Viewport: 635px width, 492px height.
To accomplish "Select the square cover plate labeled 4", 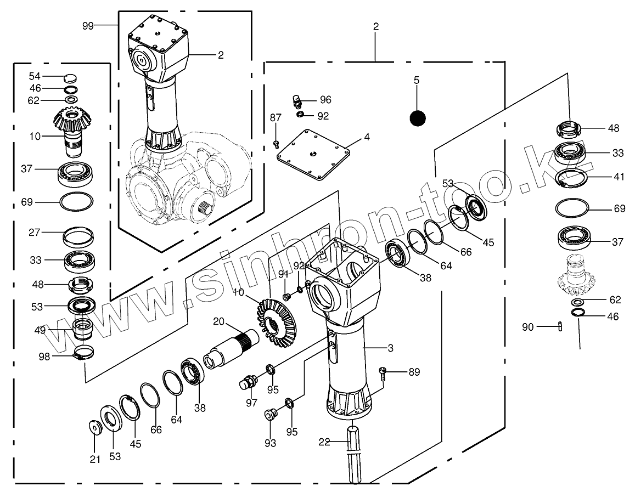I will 313,154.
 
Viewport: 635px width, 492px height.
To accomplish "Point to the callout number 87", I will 275,117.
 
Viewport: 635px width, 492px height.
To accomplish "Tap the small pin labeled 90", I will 560,326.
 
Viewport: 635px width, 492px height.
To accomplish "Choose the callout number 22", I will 324,442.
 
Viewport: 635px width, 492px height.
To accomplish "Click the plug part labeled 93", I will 269,414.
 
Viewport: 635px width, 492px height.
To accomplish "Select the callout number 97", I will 251,403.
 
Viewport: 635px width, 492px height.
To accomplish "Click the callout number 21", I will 95,459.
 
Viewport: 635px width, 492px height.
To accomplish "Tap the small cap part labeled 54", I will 71,76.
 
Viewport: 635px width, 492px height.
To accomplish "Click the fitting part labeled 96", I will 297,101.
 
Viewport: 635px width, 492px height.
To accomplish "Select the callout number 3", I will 390,348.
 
